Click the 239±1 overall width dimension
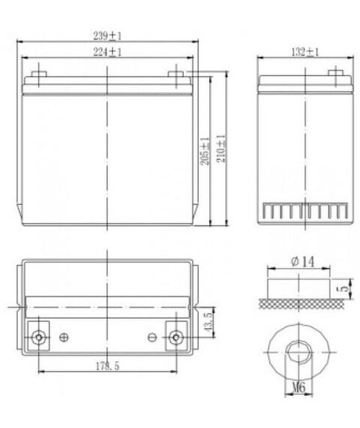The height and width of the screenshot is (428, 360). [109, 36]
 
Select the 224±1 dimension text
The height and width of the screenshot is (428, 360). [109, 52]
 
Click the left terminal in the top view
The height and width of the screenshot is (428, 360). [37, 336]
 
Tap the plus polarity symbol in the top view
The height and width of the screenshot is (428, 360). [64, 336]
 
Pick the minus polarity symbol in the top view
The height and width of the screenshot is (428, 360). [152, 336]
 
